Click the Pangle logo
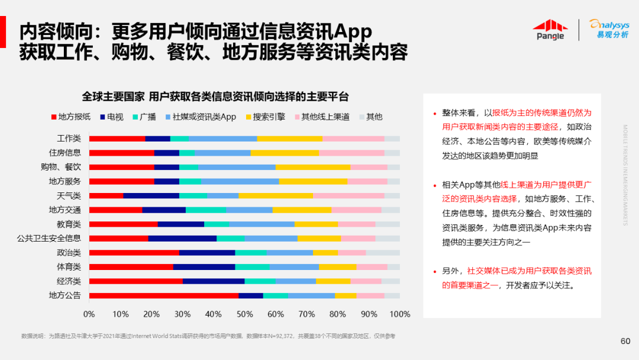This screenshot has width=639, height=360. [x=550, y=30]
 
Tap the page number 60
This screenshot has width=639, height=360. [x=625, y=341]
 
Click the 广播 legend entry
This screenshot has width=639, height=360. [x=144, y=117]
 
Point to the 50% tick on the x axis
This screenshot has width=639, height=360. [x=244, y=313]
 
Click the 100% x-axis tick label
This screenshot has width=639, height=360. [x=401, y=313]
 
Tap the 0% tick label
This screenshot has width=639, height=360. [x=89, y=313]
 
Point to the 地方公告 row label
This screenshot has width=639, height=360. [x=64, y=295]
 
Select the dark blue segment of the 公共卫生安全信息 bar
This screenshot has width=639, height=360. [x=182, y=238]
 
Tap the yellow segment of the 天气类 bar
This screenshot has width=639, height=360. [x=276, y=195]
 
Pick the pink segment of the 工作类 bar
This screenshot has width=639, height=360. [x=353, y=139]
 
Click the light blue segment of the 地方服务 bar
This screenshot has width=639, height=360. [x=240, y=181]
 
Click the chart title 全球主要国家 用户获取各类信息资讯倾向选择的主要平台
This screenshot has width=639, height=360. [x=215, y=97]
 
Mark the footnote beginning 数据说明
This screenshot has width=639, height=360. [x=208, y=336]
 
